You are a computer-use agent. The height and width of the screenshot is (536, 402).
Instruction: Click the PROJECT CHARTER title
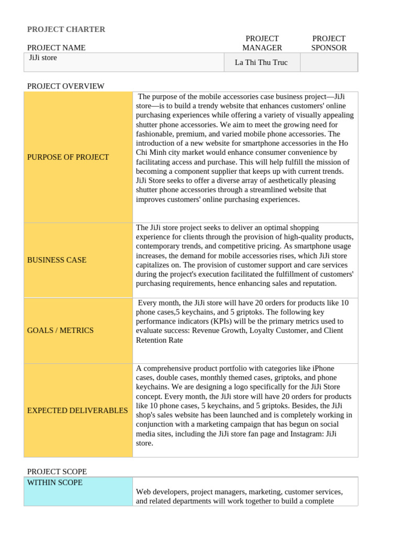66,29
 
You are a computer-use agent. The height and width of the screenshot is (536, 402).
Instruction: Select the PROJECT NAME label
56,48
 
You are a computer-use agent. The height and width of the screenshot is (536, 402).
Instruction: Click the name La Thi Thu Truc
261,62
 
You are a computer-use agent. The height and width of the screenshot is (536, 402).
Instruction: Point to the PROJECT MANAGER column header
262,43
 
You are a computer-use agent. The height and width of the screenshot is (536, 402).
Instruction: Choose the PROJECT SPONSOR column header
329,43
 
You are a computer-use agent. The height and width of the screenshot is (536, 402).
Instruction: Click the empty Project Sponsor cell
329,62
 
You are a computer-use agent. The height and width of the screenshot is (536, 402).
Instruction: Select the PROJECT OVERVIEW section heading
65,86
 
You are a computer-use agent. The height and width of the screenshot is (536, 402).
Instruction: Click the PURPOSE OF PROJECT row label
68,157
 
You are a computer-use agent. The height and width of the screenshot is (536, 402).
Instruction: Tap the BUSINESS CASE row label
57,260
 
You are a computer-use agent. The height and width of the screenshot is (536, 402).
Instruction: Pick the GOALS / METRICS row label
60,330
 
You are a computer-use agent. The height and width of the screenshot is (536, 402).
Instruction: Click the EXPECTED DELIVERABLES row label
77,410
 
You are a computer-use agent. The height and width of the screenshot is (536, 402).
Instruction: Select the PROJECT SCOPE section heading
57,472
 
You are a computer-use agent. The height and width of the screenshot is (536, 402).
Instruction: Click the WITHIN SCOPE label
54,483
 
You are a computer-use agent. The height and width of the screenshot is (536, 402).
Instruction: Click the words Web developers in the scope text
161,492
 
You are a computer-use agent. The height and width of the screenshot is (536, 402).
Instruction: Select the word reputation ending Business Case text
317,283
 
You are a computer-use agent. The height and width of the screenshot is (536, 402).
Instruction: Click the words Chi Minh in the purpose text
152,152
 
